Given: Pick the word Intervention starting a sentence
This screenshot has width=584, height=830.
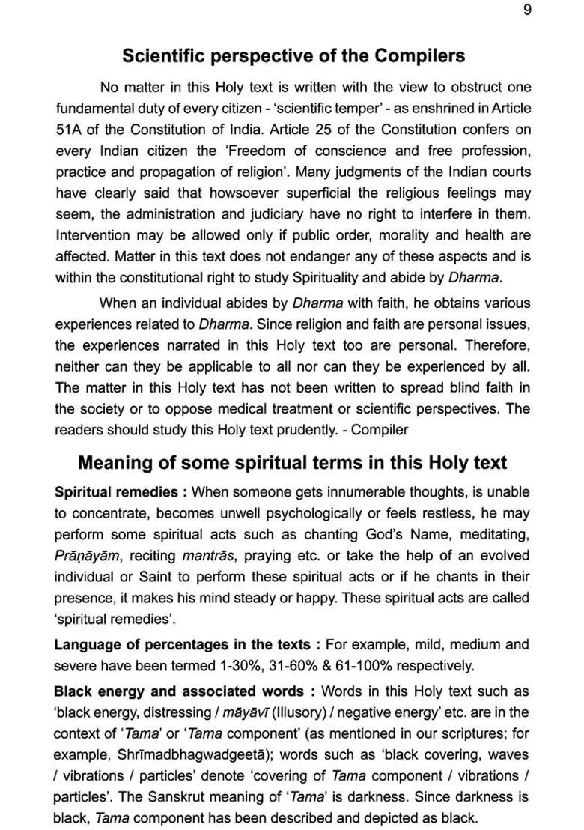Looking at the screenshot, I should (x=92, y=234).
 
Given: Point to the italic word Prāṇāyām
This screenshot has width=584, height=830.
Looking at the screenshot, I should (x=88, y=555).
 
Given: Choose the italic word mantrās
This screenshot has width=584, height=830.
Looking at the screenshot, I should (x=204, y=555).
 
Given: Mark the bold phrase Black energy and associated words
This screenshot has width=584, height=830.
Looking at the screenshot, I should (x=178, y=691).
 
